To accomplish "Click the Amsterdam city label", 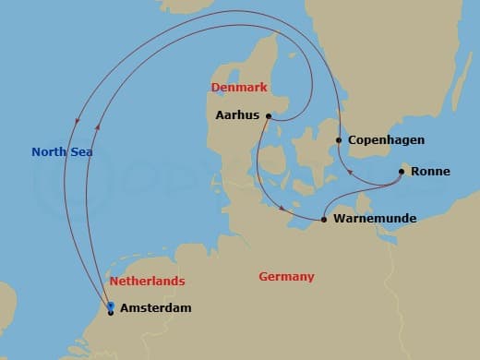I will (x=156, y=308).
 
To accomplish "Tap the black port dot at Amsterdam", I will (x=111, y=313).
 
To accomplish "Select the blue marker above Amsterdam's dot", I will (x=111, y=305).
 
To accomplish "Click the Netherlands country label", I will (x=147, y=281).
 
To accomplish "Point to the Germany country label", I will (x=286, y=277).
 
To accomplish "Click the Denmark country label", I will (x=239, y=88).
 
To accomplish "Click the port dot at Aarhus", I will (x=268, y=116).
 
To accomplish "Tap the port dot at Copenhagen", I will (x=339, y=140).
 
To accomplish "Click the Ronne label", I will (x=430, y=171).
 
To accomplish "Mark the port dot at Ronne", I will (x=402, y=171).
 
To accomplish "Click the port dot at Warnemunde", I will (x=324, y=220).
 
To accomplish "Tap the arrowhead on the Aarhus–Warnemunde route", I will (x=281, y=209).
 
